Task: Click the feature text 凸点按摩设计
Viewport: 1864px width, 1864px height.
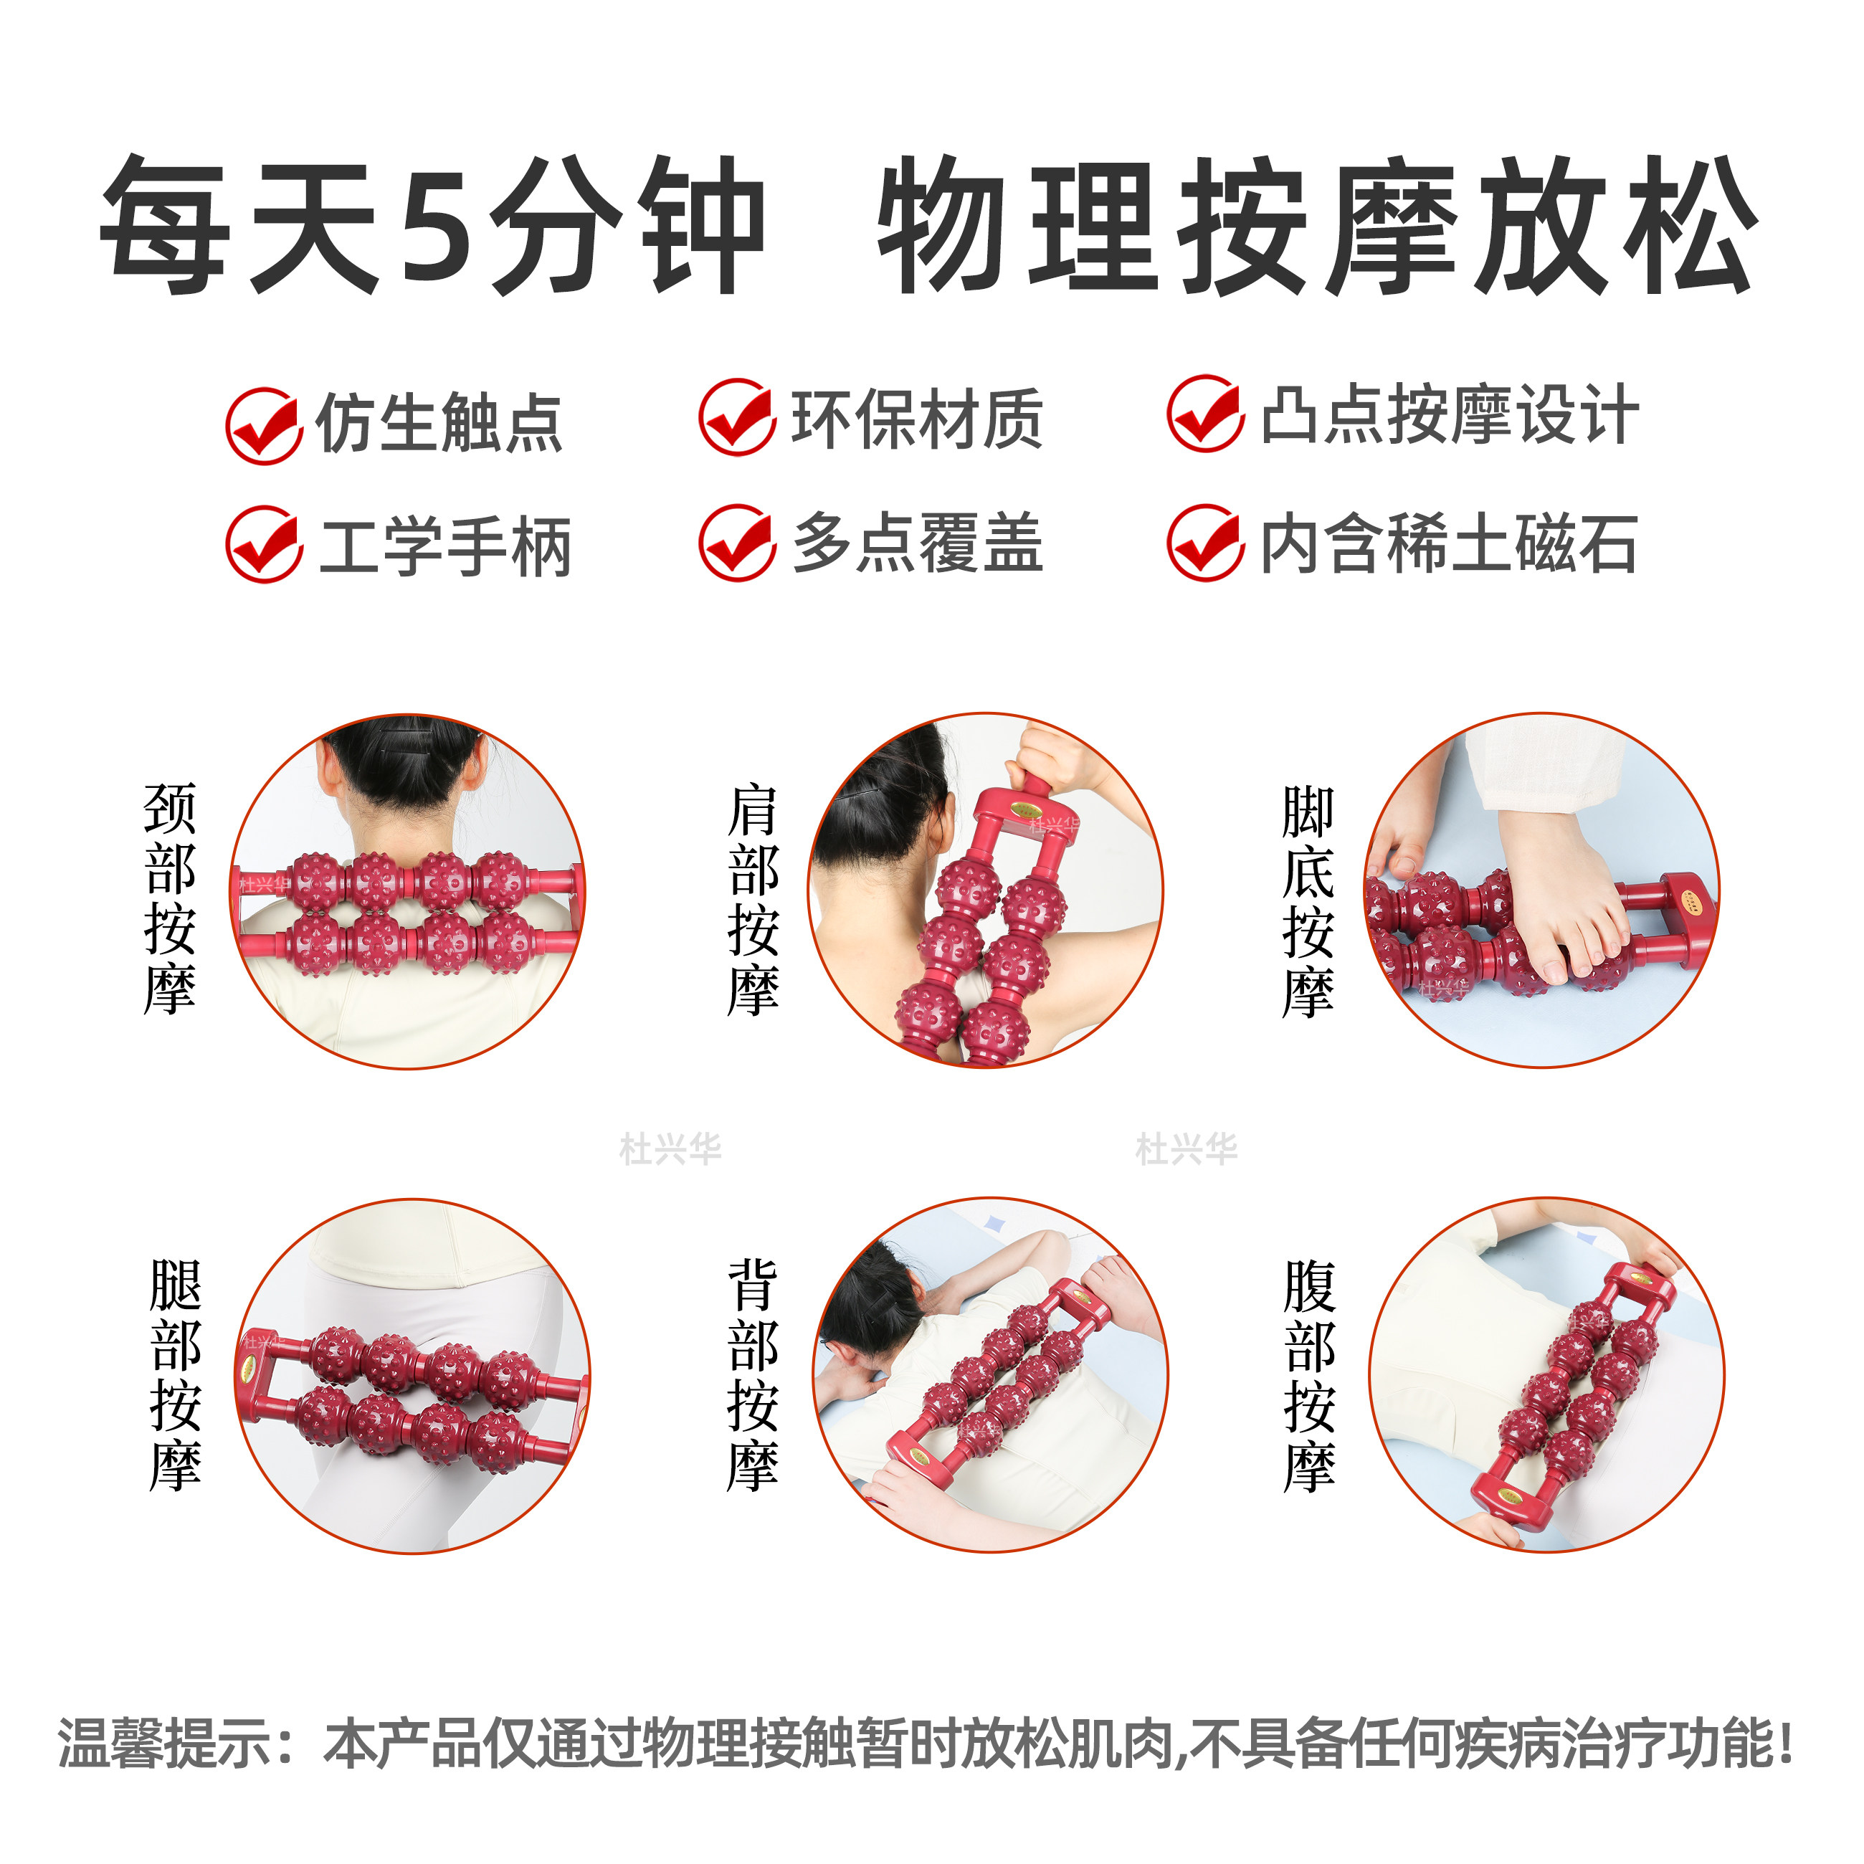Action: coord(1450,415)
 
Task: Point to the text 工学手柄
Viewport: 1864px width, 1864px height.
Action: coord(446,546)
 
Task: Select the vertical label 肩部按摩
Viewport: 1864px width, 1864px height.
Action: coord(753,899)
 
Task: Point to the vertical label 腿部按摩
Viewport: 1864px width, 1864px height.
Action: coord(176,1375)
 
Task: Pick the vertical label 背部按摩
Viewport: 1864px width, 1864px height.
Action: coord(753,1375)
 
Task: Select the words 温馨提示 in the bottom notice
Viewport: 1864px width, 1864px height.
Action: coord(164,1744)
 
